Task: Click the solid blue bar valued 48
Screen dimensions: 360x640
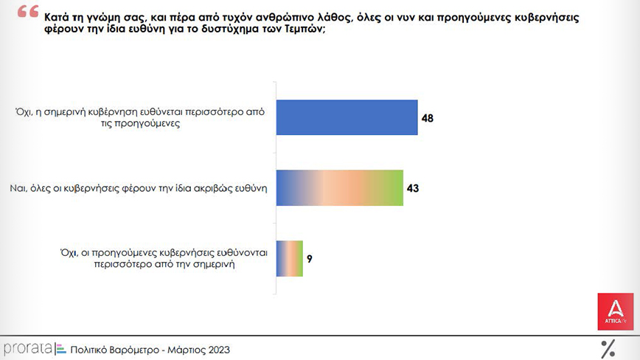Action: pos(347,117)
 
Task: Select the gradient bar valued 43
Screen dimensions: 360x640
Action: pos(339,188)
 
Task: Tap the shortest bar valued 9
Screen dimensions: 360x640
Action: pos(289,259)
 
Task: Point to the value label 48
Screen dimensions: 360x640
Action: pos(428,117)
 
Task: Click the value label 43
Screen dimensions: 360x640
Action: pos(413,188)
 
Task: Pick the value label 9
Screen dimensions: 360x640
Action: pos(310,259)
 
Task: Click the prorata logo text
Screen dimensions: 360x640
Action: pos(27,347)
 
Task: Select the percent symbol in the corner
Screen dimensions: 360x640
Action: pos(608,348)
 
